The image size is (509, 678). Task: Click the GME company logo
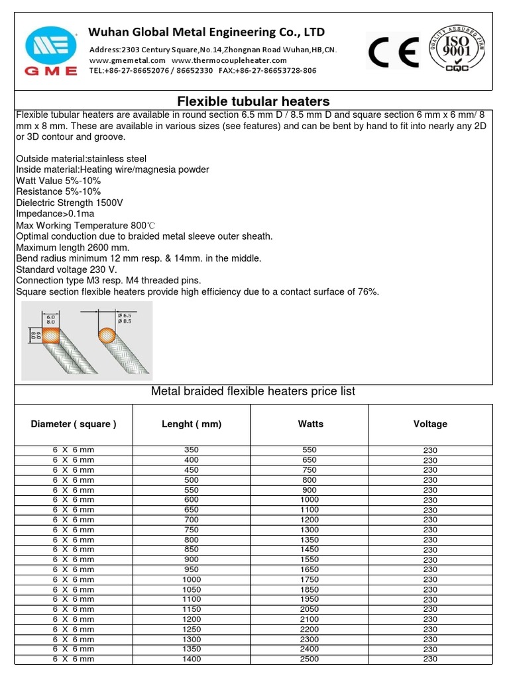coord(51,50)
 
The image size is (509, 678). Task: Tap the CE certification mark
coord(394,53)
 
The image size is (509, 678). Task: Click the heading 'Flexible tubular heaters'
coord(253,101)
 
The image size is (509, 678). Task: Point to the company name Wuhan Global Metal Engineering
coord(207,32)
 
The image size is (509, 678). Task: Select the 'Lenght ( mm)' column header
coord(192,424)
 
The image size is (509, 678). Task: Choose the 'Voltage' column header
coord(430,424)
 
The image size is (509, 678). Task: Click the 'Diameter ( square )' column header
coord(74,424)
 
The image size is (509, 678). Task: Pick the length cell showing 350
coord(192,450)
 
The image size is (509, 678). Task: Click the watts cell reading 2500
coord(310,659)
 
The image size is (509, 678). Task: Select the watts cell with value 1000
coord(310,500)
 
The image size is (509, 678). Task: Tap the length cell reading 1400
coord(192,659)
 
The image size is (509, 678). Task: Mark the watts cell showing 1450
coord(310,550)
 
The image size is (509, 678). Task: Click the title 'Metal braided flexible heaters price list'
coord(253,391)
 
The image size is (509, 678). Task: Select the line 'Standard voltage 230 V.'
coord(64,269)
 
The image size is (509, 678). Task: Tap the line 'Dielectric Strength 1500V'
coord(70,203)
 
